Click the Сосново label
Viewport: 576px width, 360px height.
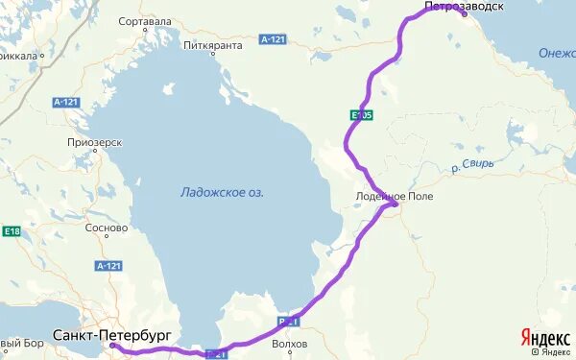click(x=107, y=228)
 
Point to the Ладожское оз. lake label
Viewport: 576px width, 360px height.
click(x=222, y=192)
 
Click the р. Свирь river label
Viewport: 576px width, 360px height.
click(x=472, y=165)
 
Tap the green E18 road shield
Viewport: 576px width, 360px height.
click(x=12, y=231)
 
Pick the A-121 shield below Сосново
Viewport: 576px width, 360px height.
click(x=108, y=265)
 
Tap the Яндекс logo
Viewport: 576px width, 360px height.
click(x=543, y=337)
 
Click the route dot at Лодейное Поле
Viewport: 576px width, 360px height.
click(x=394, y=204)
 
